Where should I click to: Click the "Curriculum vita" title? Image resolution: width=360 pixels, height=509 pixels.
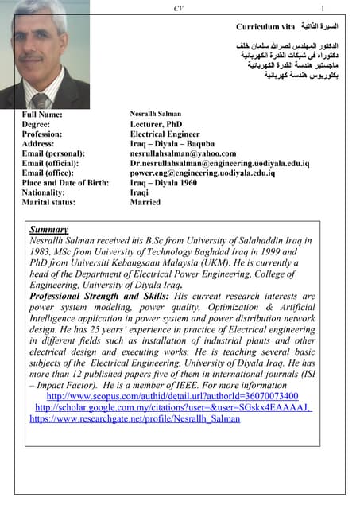click(x=265, y=25)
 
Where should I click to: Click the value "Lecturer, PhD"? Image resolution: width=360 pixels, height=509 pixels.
click(x=157, y=125)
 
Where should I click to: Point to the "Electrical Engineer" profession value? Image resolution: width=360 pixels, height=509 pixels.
click(x=165, y=134)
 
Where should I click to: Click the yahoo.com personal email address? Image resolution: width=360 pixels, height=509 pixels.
click(x=183, y=153)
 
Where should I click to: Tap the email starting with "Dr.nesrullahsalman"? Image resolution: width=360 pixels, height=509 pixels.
click(x=219, y=163)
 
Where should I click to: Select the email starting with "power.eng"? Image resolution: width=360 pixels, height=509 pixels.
click(x=203, y=173)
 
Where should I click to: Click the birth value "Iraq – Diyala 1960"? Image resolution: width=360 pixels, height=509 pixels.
click(x=164, y=182)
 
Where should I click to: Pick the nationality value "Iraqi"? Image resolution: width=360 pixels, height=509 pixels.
click(x=140, y=192)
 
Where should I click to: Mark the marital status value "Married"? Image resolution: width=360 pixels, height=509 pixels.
click(x=145, y=202)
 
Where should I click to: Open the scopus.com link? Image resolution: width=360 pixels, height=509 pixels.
click(x=172, y=395)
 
